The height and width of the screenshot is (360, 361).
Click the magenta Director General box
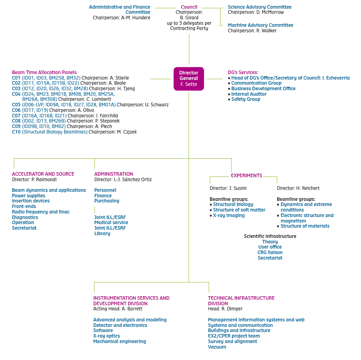pyautogui.click(x=189, y=78)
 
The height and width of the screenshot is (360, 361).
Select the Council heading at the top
pyautogui.click(x=189, y=7)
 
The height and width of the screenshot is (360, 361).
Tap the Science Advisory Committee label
pyautogui.click(x=259, y=7)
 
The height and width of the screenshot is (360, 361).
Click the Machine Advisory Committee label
pyautogui.click(x=260, y=25)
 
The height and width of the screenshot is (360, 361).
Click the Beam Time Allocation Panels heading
pyautogui.click(x=44, y=72)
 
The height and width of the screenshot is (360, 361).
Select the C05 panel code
pyautogui.click(x=16, y=105)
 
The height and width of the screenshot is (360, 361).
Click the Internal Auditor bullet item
pyautogui.click(x=249, y=94)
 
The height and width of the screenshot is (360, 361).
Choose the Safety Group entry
pyautogui.click(x=246, y=99)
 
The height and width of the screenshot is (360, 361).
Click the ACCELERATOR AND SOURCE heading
pyautogui.click(x=43, y=174)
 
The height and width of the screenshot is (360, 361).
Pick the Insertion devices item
pyautogui.click(x=31, y=201)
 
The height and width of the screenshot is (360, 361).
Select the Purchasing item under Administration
pyautogui.click(x=107, y=201)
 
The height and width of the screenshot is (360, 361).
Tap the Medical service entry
pyautogui.click(x=111, y=223)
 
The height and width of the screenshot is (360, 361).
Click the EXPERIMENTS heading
pyautogui.click(x=246, y=176)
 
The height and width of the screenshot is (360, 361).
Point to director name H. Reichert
pyautogui.click(x=307, y=188)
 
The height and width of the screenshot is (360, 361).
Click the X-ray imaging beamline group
pyautogui.click(x=229, y=215)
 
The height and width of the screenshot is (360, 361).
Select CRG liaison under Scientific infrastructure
pyautogui.click(x=270, y=252)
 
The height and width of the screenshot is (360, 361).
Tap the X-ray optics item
pyautogui.click(x=106, y=336)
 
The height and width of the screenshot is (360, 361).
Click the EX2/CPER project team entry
pyautogui.click(x=234, y=336)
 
